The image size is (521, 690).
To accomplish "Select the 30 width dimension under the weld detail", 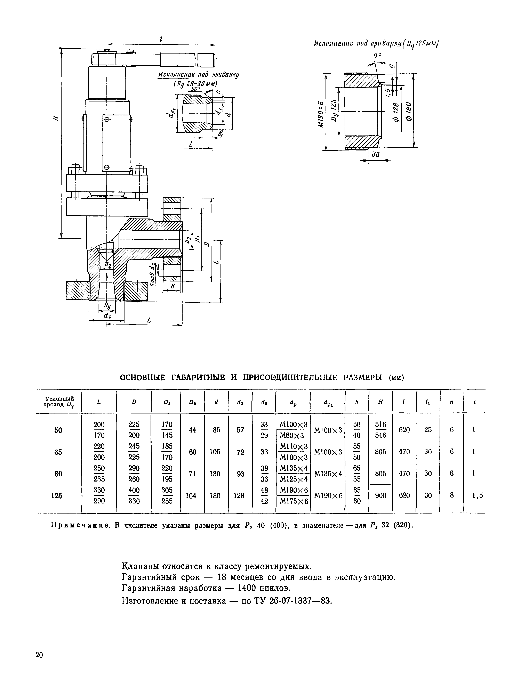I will pos(376,154).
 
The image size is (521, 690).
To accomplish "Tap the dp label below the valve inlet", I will pos(107,316).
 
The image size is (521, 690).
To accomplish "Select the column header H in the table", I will pos(380,402).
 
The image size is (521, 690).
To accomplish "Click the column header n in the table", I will pos(451,402).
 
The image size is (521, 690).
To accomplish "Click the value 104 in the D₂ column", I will pos(193,495).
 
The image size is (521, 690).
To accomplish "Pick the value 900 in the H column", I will pos(380,495).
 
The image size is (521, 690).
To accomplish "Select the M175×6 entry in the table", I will pos(294,501).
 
